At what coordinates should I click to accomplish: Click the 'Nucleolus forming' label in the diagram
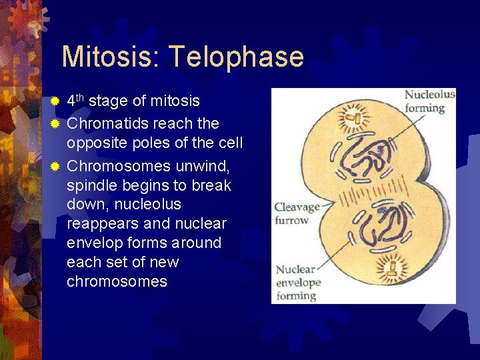click(x=429, y=101)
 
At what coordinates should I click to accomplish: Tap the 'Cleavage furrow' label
click(x=297, y=213)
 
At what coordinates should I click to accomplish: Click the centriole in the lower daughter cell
click(x=393, y=269)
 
